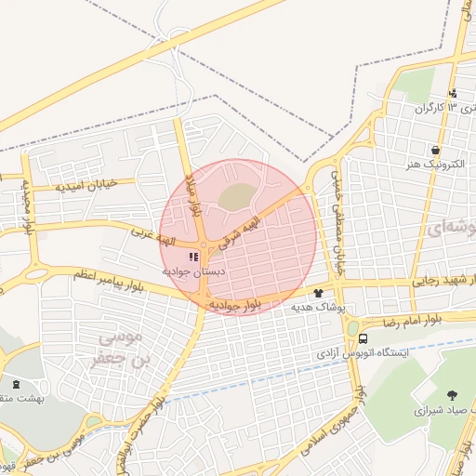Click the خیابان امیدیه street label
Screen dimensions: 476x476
pyautogui.click(x=86, y=184)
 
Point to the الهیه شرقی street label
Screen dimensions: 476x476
pyautogui.click(x=248, y=228)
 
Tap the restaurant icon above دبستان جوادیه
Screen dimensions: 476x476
pyautogui.click(x=193, y=257)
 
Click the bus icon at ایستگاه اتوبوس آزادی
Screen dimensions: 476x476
pyautogui.click(x=363, y=339)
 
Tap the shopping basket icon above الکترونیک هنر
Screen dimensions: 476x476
pyautogui.click(x=435, y=150)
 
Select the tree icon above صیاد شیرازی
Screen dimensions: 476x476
pyautogui.click(x=453, y=396)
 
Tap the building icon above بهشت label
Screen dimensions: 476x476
pyautogui.click(x=14, y=383)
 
